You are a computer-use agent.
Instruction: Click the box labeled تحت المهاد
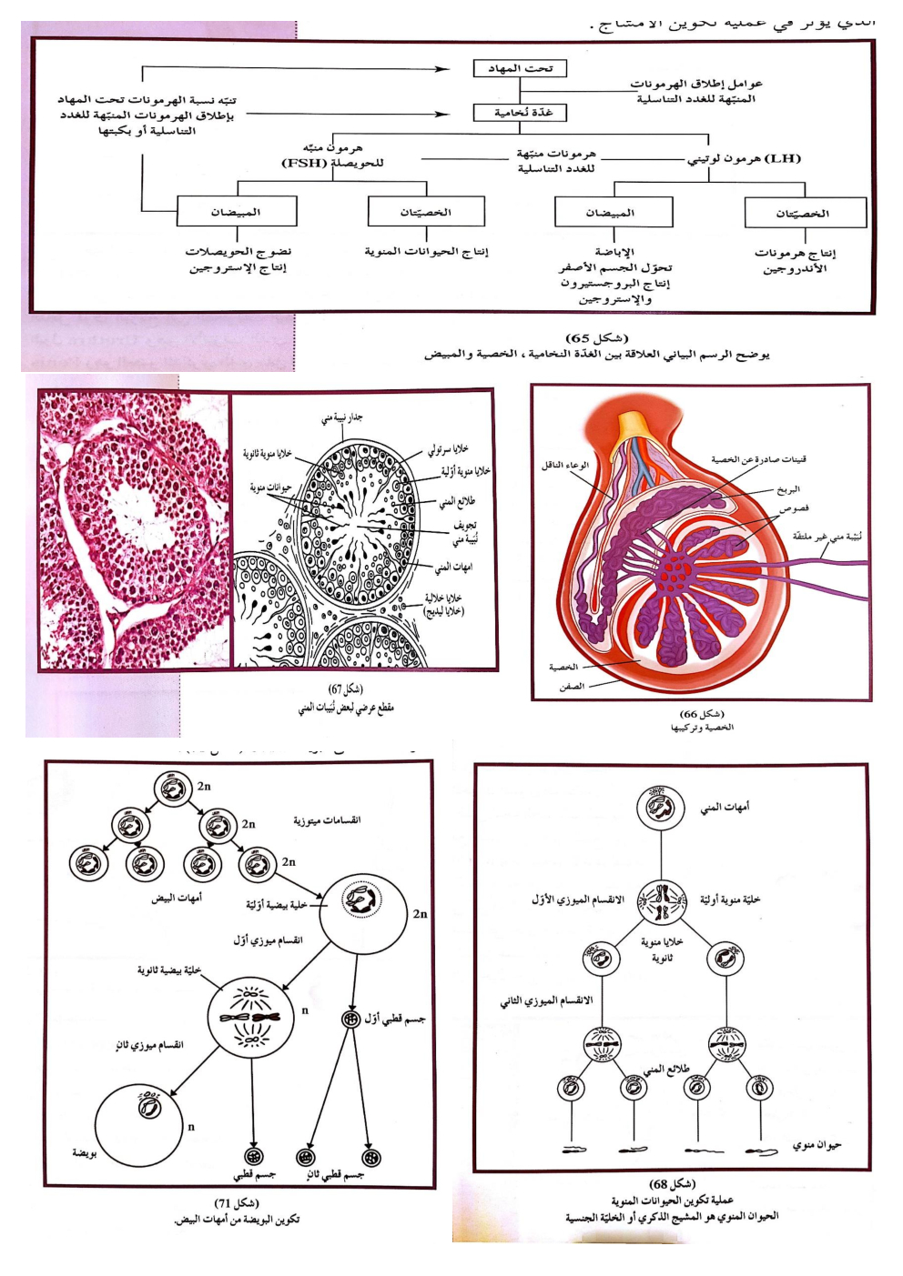coord(520,68)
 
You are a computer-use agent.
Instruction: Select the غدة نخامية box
coord(520,113)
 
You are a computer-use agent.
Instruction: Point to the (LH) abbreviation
coord(783,158)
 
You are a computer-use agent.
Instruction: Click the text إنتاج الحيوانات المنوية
coord(426,252)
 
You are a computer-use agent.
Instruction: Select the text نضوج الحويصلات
coord(238,252)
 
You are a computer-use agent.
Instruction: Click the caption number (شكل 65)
coord(596,338)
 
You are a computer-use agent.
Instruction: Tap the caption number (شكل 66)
coord(702,714)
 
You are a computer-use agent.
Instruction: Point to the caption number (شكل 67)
coord(345,689)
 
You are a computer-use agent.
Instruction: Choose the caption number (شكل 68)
coord(672,1184)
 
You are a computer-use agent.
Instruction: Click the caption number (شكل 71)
coord(237,1203)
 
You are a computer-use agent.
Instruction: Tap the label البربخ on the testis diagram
coord(788,489)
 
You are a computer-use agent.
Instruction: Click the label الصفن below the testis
coord(572,687)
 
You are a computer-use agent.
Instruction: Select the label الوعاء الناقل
coord(565,465)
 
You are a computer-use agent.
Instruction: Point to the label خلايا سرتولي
coord(449,449)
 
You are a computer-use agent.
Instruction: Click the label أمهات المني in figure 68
coord(725,807)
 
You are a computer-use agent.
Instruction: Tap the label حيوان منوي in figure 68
coord(817,1145)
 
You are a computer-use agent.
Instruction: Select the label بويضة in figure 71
coord(85,1153)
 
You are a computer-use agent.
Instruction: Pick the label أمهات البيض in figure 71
coord(177,898)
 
